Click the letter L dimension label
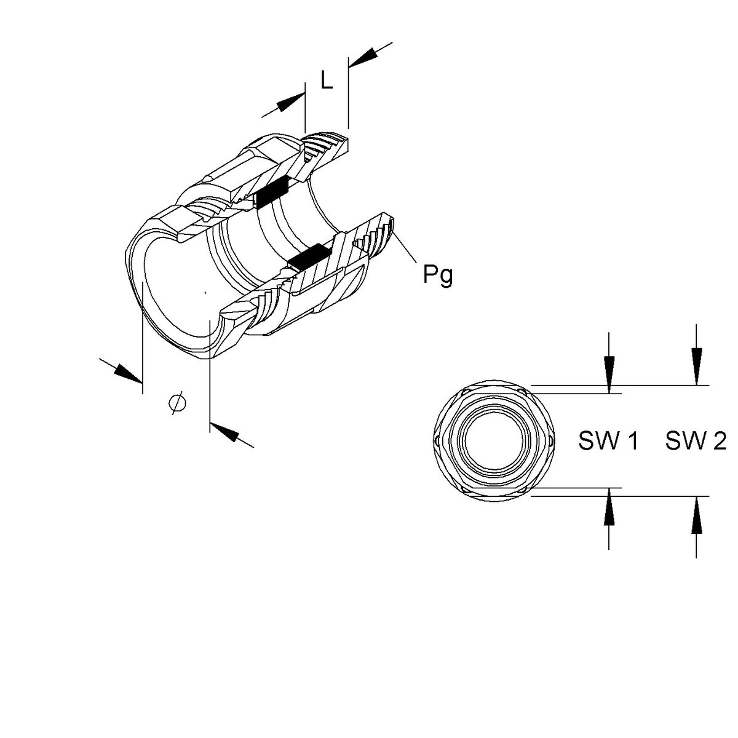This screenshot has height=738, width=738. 327,80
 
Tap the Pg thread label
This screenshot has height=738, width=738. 438,275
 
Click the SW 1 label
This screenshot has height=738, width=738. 608,440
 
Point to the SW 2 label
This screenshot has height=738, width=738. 696,440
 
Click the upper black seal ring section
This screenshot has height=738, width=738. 272,192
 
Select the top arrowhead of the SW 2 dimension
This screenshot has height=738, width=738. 696,365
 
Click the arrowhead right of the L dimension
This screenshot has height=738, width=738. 364,57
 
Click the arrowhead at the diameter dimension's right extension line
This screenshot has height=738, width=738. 224,432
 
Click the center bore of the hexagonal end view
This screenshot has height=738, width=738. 494,440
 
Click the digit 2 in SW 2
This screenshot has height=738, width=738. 719,440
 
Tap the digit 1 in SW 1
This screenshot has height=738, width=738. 632,440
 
